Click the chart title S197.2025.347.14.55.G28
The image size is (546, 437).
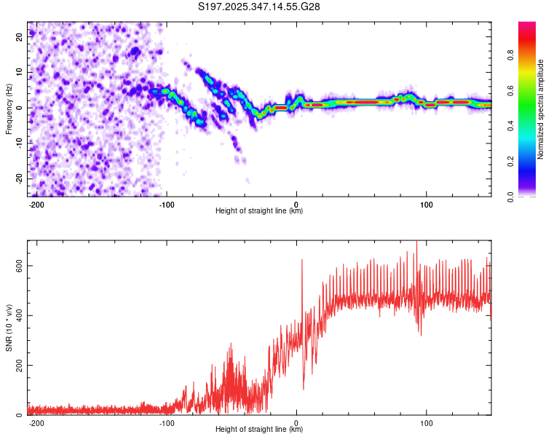pos(260,7)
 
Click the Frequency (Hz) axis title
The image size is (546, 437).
pos(9,109)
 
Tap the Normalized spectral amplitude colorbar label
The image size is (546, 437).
pos(540,109)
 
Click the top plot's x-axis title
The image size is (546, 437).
pos(259,211)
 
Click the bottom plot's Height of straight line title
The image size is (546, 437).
pos(259,430)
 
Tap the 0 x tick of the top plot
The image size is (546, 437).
pos(296,203)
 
